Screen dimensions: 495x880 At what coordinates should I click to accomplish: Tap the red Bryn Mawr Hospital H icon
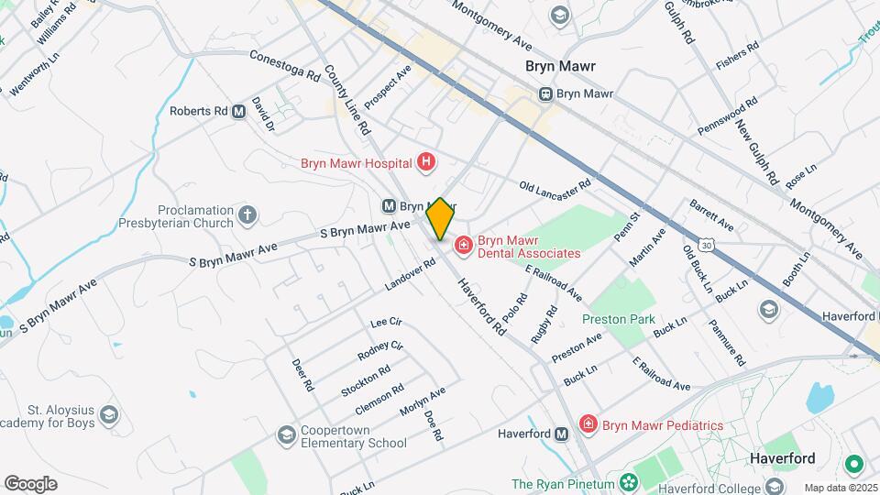pos(425,163)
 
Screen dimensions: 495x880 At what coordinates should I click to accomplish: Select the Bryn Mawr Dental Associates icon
pos(464,244)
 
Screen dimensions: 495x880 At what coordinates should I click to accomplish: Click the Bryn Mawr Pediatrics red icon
pos(588,424)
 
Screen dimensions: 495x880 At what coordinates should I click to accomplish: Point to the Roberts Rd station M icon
pos(239,112)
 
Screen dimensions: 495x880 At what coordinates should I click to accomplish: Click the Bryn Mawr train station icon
pos(545,93)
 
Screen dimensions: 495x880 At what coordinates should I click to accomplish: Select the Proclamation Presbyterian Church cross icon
pos(247,215)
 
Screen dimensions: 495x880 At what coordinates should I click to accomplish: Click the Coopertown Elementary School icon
pos(286,434)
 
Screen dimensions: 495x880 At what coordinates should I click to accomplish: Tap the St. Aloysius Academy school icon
pos(110,415)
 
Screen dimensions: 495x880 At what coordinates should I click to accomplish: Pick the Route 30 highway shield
pos(705,245)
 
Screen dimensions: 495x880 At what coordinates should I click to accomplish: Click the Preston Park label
pos(619,319)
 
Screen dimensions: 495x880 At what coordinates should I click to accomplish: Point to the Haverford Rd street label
pos(482,305)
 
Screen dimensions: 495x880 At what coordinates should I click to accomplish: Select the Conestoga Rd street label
pos(284,64)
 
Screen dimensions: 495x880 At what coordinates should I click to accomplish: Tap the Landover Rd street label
pos(410,276)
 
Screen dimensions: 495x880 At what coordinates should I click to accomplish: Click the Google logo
pos(30,484)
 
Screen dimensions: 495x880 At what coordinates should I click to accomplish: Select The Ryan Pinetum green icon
pos(629,482)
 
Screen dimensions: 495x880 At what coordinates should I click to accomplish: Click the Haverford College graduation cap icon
pos(775,485)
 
